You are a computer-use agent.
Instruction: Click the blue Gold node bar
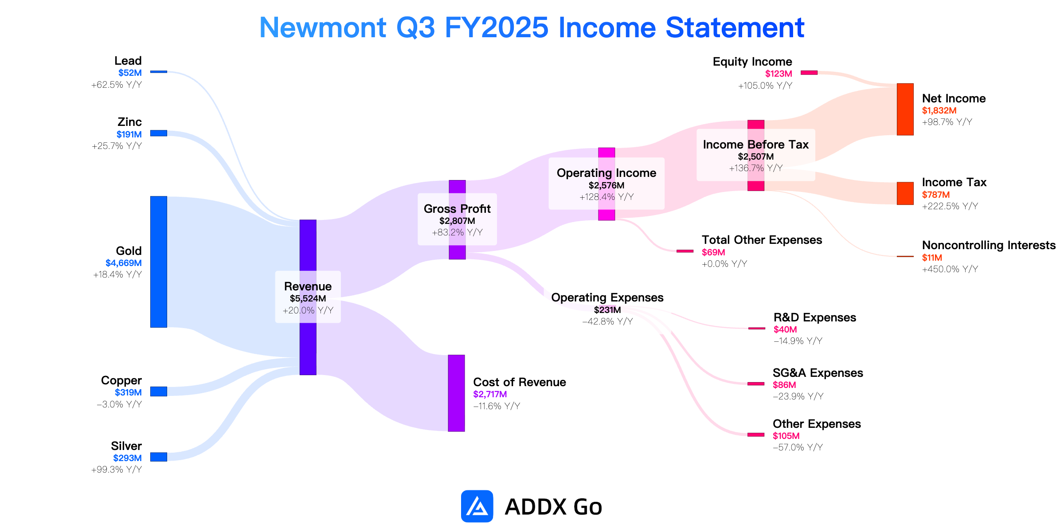click(159, 262)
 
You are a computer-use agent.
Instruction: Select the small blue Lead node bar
click(159, 71)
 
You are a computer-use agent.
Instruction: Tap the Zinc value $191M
click(129, 134)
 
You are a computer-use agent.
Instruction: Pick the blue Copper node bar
click(159, 391)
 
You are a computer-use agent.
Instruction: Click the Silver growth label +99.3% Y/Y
click(117, 469)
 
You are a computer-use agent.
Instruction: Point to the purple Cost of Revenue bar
click(456, 393)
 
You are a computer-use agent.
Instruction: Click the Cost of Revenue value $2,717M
click(490, 394)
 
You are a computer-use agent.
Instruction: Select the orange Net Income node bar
click(905, 109)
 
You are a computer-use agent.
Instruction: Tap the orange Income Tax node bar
click(905, 193)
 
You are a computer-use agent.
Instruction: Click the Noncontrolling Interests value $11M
click(932, 258)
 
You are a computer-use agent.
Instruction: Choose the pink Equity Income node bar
click(809, 73)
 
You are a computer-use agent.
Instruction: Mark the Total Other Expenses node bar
click(685, 251)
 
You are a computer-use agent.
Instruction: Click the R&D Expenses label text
click(815, 317)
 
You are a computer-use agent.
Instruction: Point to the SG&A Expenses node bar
click(756, 383)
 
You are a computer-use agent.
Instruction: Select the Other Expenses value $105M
click(786, 436)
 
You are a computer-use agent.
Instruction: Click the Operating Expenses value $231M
click(607, 310)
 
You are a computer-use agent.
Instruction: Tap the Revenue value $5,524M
click(308, 298)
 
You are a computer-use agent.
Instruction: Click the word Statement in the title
click(735, 27)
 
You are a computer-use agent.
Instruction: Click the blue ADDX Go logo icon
click(477, 506)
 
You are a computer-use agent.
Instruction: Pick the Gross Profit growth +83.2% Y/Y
click(457, 232)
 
